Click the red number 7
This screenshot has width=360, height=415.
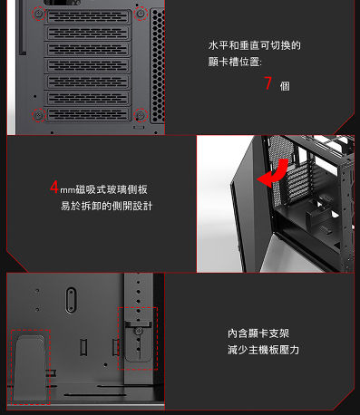tap(268, 84)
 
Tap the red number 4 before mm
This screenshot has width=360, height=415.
tap(54, 188)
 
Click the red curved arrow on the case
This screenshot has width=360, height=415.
tap(277, 175)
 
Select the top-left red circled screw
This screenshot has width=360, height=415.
tap(38, 15)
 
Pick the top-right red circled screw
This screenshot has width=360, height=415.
tap(141, 14)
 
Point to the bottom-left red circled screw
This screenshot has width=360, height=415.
tap(38, 115)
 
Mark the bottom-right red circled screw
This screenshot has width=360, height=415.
tap(141, 115)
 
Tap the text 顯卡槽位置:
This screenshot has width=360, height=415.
tap(235, 63)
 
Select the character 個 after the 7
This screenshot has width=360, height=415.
tap(285, 86)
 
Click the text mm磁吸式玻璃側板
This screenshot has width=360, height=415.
tap(103, 189)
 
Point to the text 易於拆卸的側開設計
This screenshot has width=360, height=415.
tap(106, 207)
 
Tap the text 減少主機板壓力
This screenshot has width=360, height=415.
tap(263, 350)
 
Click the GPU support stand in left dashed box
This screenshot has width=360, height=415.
tap(29, 367)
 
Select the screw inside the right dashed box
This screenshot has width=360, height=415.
tap(139, 333)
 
